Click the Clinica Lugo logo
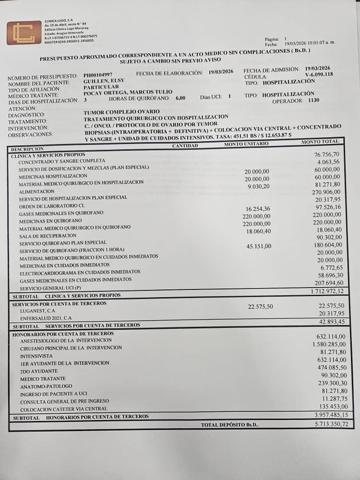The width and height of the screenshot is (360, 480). [24, 33]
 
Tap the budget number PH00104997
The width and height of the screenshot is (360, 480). [98, 75]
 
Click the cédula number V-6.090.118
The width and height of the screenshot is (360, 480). [319, 75]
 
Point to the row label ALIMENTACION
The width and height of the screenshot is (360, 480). [36, 191]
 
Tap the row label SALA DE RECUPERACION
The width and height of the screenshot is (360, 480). [48, 236]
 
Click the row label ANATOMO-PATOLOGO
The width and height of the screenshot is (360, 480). [46, 386]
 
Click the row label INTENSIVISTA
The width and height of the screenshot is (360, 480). [36, 356]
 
